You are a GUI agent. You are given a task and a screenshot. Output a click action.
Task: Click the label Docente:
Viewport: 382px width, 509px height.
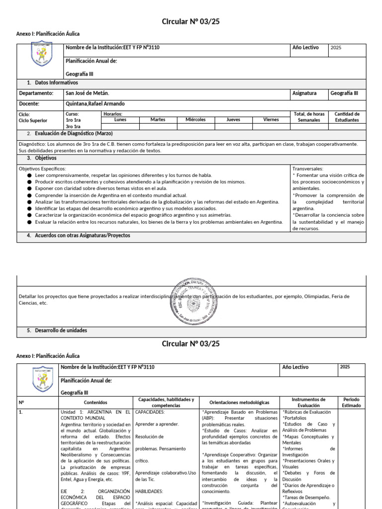tap(29, 104)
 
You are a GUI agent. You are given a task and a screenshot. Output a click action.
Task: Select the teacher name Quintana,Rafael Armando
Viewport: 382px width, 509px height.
tap(95, 104)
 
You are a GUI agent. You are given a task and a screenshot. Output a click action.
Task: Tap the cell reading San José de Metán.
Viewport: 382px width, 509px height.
tap(87, 93)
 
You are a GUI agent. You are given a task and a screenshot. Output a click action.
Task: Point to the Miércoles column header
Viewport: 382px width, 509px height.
tap(195, 120)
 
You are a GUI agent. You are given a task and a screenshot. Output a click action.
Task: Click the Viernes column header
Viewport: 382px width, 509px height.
tap(271, 120)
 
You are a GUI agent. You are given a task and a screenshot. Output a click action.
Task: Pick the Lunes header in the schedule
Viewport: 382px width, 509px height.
tap(120, 120)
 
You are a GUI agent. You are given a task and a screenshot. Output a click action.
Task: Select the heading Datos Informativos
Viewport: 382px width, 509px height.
tap(56, 83)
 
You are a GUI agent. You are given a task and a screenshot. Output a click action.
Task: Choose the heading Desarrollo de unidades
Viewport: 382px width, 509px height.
tap(61, 330)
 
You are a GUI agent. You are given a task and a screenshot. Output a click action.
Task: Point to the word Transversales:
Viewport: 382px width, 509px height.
tap(307, 169)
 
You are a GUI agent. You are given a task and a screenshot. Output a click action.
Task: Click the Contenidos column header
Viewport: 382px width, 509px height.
tap(95, 402)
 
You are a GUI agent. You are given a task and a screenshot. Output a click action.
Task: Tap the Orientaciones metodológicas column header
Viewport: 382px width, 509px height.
tap(239, 402)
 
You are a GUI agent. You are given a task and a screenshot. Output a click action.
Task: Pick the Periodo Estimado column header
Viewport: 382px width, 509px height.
tap(351, 402)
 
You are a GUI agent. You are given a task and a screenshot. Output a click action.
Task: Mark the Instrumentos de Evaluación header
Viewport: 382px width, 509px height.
tap(308, 402)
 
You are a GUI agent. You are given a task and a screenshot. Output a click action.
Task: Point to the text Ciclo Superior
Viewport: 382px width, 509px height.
tap(33, 120)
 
